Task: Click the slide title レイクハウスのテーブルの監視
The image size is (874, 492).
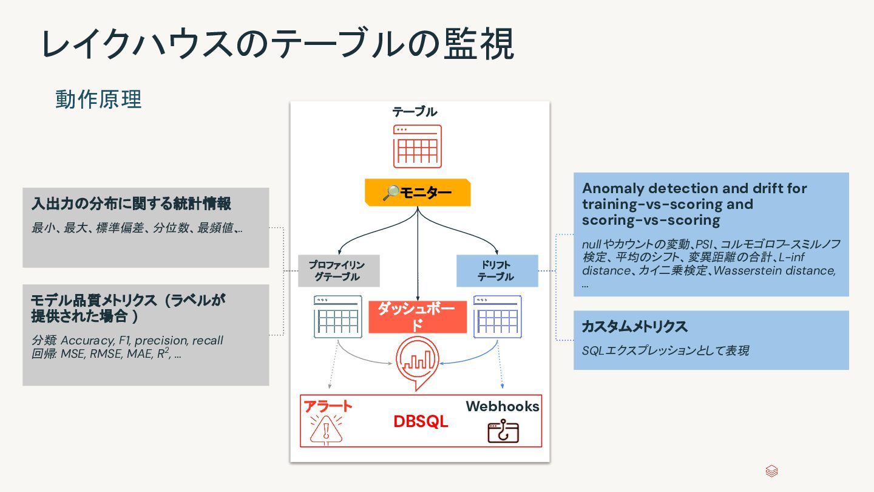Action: point(278,43)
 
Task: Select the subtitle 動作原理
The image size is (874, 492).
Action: point(98,99)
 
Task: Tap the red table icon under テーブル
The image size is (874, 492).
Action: point(417,146)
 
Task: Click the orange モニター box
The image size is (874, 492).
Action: point(418,193)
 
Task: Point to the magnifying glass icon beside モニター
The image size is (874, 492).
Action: point(389,193)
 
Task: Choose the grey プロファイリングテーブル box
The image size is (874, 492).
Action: point(339,271)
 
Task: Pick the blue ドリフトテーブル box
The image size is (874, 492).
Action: point(497,271)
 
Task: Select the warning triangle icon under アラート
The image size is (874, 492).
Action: point(326,429)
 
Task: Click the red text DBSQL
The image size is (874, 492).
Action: point(421,422)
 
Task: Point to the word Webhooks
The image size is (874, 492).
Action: point(503,406)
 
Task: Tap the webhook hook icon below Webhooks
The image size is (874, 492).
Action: point(503,432)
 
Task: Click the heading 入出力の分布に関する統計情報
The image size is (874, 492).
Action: point(131,203)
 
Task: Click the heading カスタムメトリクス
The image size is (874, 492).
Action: point(634,327)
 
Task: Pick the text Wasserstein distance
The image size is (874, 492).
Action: point(774,270)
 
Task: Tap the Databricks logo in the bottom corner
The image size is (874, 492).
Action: point(772,471)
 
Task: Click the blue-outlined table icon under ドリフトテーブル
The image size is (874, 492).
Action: point(497,316)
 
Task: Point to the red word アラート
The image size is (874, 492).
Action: point(328,406)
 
